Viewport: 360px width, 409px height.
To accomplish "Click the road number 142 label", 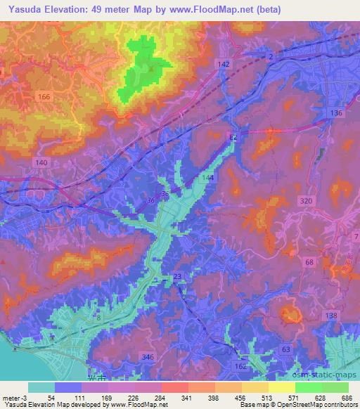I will [224, 64].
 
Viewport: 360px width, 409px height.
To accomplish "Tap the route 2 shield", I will [270, 56].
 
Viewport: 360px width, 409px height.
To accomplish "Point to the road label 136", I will [336, 113].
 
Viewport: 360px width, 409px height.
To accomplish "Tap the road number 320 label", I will [306, 200].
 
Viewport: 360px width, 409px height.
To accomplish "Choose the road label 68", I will [309, 262].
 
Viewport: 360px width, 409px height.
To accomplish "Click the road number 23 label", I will [176, 276].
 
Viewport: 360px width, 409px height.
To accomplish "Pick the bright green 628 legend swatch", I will [309, 387].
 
